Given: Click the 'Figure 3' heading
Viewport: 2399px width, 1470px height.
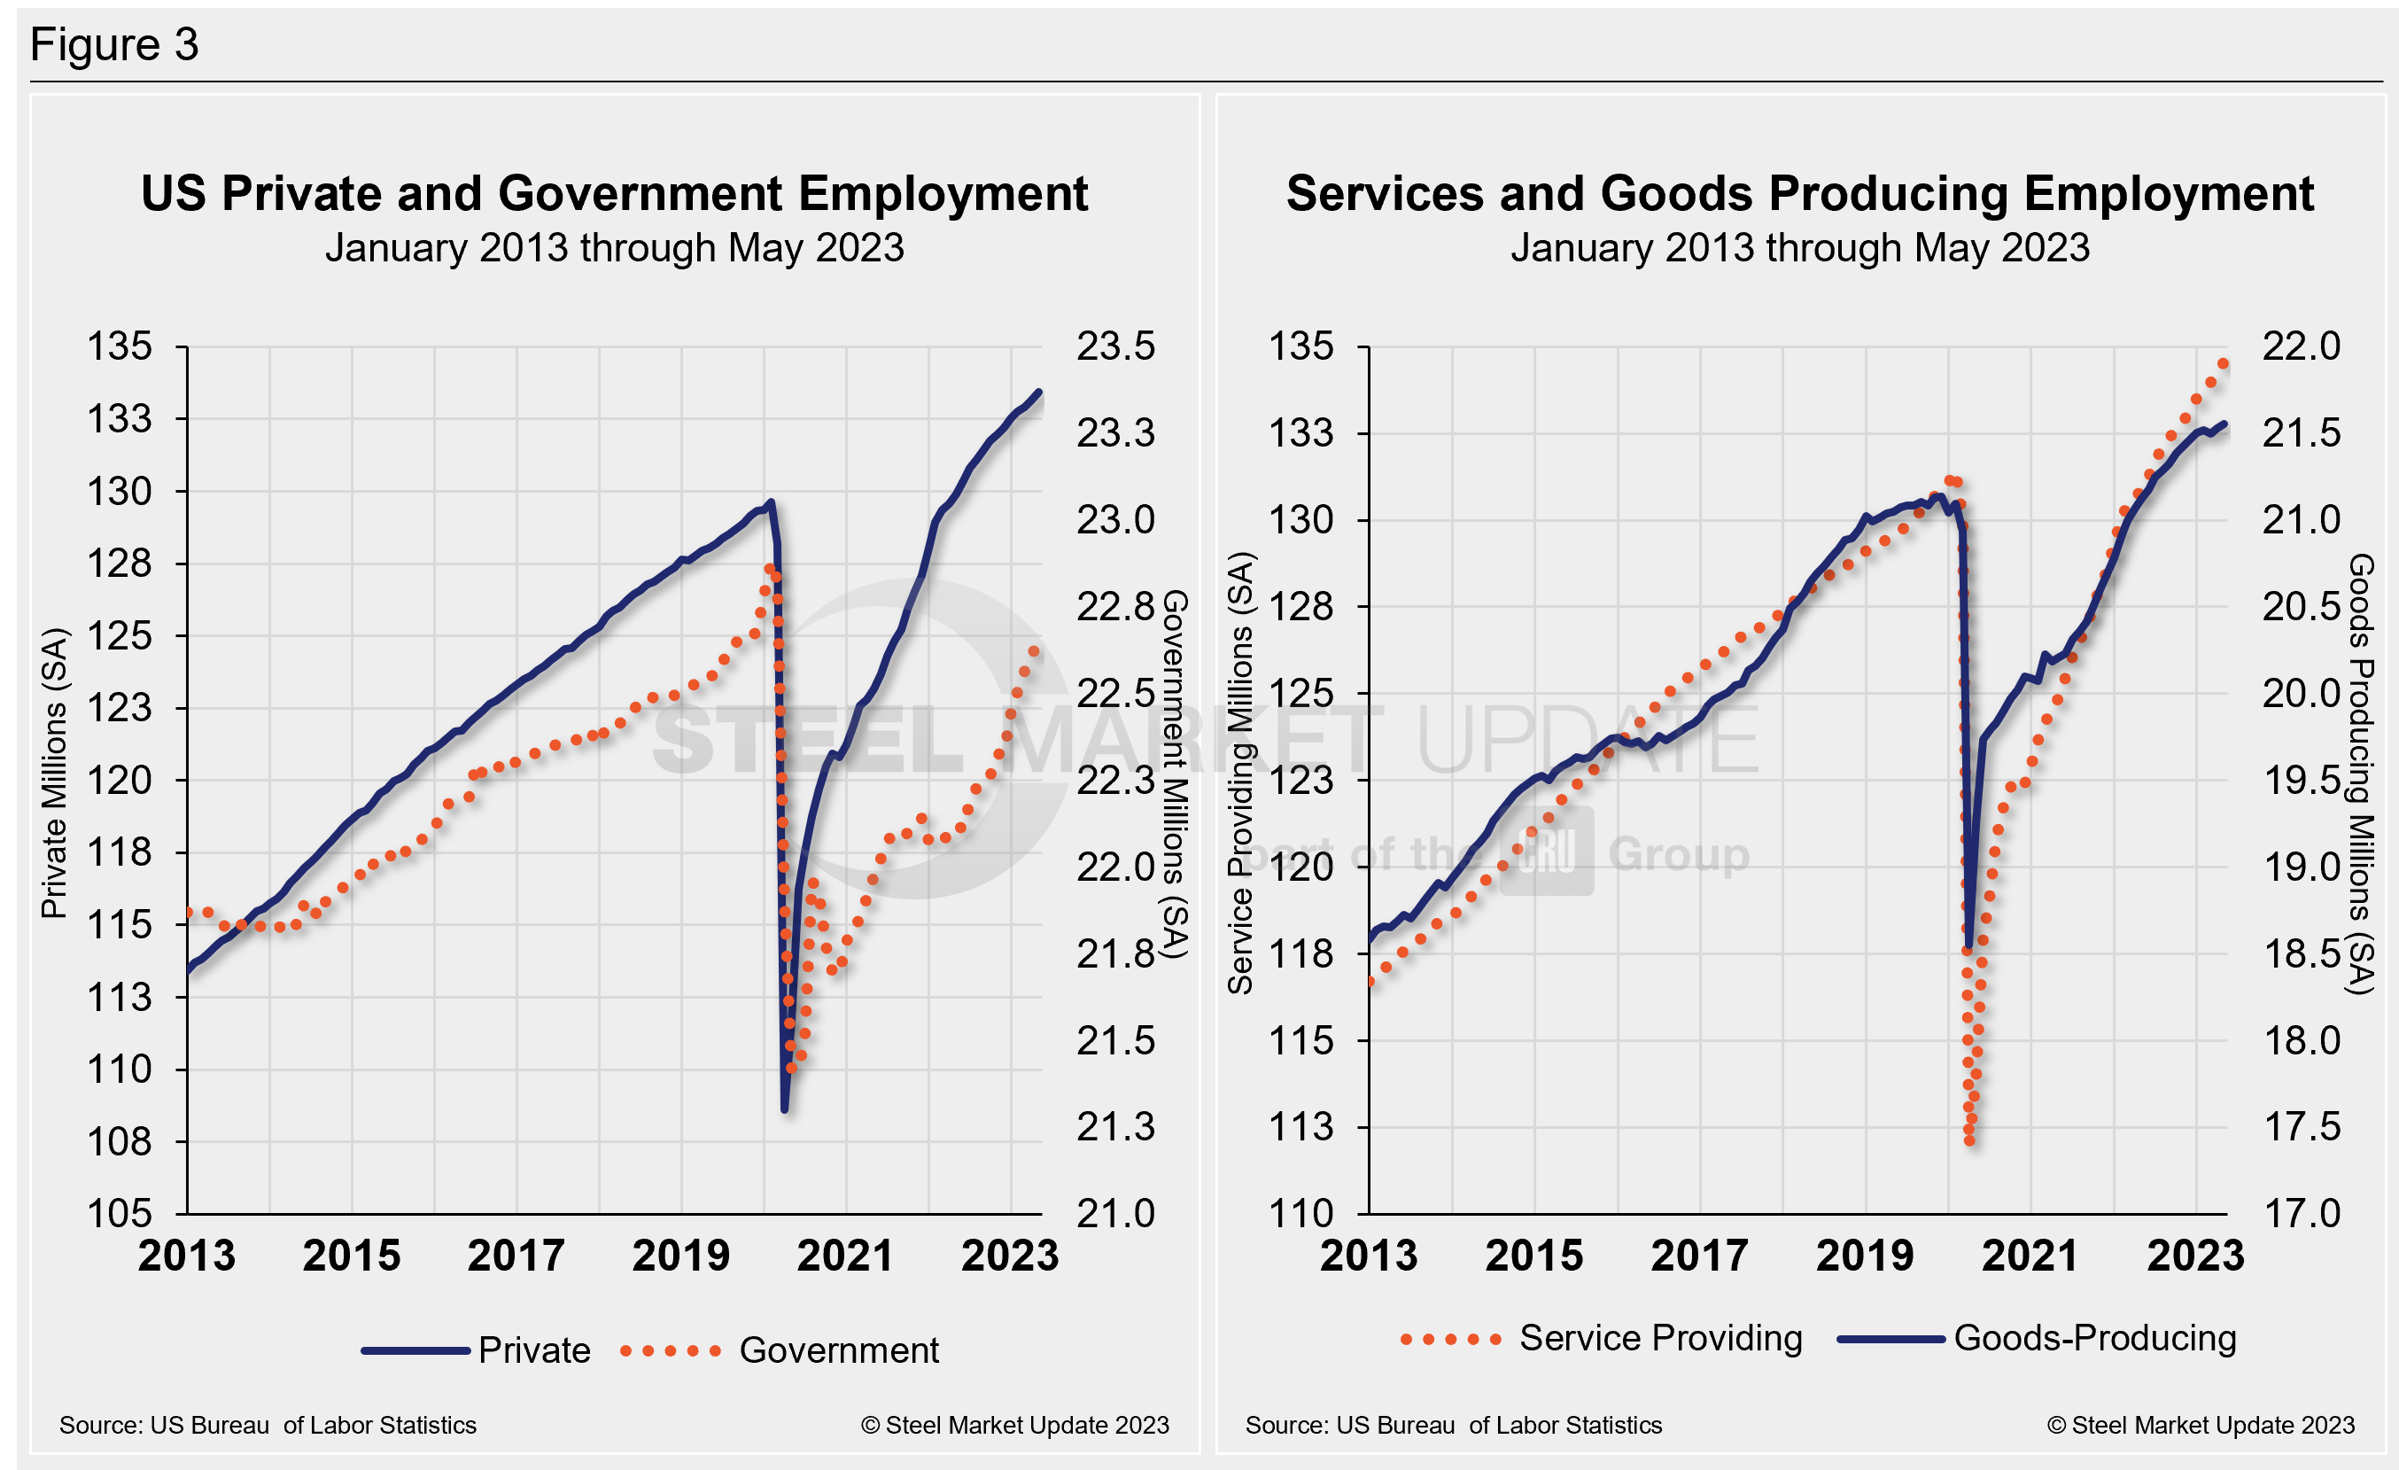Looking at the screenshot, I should tap(114, 45).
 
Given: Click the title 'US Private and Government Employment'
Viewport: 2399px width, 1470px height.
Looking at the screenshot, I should tap(613, 193).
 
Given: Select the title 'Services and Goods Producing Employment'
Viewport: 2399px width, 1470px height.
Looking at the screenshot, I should tap(1799, 193).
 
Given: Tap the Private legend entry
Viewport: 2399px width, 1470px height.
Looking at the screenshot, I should tap(533, 1350).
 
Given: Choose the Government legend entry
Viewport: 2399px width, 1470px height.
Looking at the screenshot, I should tap(838, 1350).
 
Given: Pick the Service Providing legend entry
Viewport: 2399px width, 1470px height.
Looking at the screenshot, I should tap(1660, 1338).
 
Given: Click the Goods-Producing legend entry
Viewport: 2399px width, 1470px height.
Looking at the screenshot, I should tap(2094, 1338).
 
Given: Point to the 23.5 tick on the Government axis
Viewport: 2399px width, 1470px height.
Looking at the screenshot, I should tap(1114, 346).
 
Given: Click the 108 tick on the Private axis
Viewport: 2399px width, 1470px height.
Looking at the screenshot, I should tap(120, 1141).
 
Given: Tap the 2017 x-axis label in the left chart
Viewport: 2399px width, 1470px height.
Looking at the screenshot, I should tap(516, 1255).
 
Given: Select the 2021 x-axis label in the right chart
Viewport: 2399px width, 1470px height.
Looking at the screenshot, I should tap(2030, 1255).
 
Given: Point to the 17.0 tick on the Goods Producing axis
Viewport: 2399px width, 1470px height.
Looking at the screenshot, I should tap(2301, 1213).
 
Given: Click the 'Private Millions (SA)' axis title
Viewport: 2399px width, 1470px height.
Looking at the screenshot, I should tap(55, 774).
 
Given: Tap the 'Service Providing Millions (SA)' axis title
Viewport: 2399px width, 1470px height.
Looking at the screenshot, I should tap(1240, 774).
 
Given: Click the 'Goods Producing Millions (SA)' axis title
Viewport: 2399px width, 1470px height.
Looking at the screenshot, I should tap(2361, 774).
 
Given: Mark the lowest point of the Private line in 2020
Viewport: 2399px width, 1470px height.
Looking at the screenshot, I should tap(785, 1108).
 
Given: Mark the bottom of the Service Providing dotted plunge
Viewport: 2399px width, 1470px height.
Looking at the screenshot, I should tap(1969, 1141).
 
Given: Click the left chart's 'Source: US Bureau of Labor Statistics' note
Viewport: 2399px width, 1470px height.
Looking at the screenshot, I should tap(268, 1425).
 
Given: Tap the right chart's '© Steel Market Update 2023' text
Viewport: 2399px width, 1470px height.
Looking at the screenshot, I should tap(2201, 1425).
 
